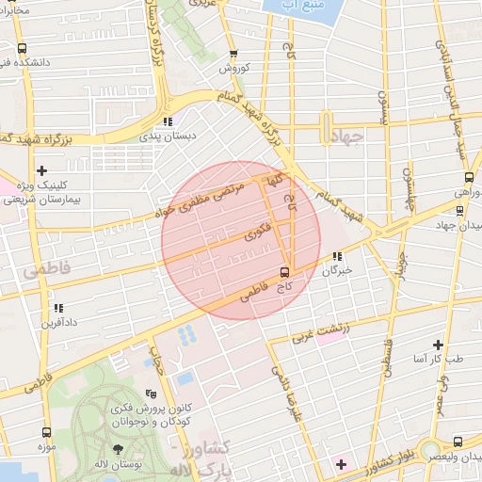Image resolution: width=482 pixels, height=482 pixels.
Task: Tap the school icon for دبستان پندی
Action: (168, 121)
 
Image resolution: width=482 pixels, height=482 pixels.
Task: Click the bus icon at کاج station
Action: (284, 273)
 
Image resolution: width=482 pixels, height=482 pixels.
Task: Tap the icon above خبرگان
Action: (336, 256)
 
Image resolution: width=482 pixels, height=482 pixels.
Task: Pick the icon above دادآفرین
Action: (58, 308)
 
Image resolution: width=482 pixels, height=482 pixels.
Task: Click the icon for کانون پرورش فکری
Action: (152, 394)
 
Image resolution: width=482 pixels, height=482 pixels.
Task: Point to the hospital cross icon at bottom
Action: (341, 464)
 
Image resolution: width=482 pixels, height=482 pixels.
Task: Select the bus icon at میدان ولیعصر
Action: (458, 441)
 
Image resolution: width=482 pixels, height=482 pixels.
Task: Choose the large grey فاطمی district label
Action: (36, 273)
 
